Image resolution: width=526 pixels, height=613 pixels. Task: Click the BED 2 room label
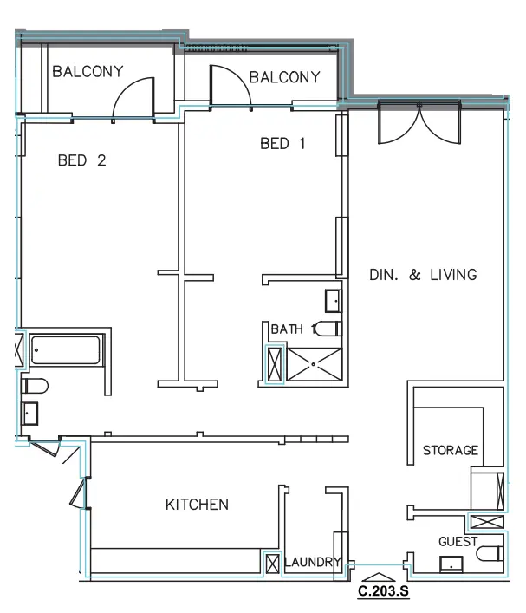82,160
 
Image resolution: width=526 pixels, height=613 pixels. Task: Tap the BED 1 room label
282,143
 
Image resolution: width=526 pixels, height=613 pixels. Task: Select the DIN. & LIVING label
423,275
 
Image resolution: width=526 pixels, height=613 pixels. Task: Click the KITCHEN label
197,505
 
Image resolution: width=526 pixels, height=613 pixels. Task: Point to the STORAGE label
451,450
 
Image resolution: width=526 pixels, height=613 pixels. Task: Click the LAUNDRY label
313,562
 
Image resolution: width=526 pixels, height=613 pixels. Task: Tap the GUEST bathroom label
458,541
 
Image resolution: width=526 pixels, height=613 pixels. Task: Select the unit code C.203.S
383,590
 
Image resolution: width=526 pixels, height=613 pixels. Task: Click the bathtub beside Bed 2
65,350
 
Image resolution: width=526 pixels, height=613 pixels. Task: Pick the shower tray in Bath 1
315,364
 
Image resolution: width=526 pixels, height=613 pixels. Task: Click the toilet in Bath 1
328,329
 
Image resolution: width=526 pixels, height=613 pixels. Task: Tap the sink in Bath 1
334,301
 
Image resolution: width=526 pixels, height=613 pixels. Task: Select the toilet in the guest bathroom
490,553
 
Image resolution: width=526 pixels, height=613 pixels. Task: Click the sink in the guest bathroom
451,564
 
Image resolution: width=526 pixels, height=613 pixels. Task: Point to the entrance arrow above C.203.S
379,577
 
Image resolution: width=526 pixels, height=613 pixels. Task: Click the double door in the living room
419,122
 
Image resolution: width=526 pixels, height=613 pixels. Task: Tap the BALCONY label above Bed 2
88,72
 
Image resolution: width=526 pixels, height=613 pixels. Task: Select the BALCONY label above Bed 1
285,77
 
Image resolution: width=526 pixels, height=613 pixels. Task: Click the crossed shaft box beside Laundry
272,564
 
